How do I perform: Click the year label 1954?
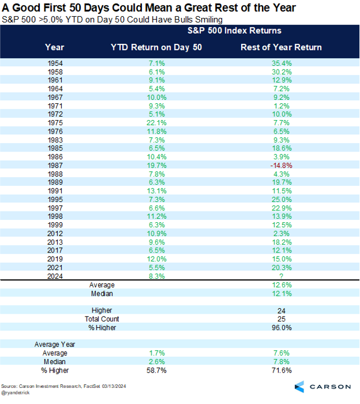point(55,63)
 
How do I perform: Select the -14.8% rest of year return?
point(281,166)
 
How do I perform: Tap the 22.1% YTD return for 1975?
point(156,122)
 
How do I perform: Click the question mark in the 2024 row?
point(281,276)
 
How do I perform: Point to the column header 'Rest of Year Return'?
point(281,47)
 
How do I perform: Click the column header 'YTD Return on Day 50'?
point(156,47)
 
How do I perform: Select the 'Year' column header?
point(55,47)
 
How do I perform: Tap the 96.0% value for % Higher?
point(281,327)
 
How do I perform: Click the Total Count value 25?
point(281,319)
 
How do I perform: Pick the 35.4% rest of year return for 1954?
point(281,63)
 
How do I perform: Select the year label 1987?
point(55,166)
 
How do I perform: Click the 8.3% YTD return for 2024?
point(156,276)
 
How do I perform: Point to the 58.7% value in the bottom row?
point(156,370)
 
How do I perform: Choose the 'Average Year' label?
point(55,345)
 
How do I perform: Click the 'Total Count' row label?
point(101,319)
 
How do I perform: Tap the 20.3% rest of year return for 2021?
point(281,268)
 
